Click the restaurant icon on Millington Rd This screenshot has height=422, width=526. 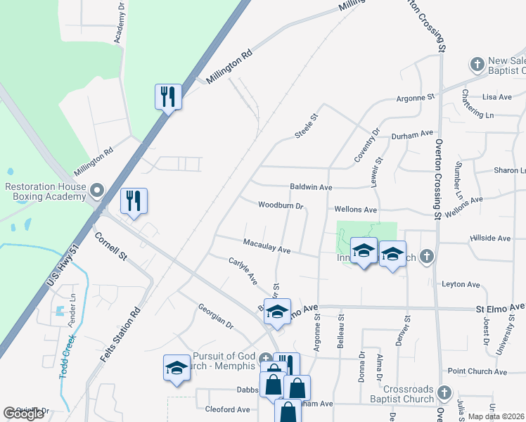click(168, 96)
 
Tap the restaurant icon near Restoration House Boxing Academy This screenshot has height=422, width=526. click(132, 200)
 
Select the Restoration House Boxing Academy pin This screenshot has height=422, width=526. click(98, 191)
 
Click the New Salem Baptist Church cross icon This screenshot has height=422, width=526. click(477, 65)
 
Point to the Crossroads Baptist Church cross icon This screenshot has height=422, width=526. click(443, 391)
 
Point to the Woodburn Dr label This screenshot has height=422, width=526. click(280, 206)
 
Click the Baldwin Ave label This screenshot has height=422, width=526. click(311, 188)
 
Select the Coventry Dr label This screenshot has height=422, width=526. click(367, 145)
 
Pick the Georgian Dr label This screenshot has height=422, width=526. click(215, 316)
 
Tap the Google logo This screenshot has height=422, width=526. click(24, 414)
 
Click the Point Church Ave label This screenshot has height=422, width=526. click(471, 371)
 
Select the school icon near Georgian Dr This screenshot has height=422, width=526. click(177, 368)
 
